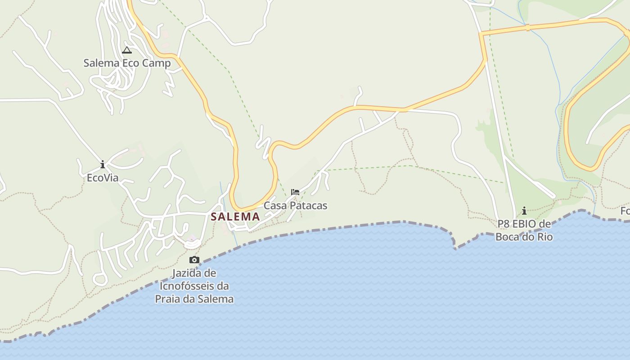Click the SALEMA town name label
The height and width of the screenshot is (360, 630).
235,216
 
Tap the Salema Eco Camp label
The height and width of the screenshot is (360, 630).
127,63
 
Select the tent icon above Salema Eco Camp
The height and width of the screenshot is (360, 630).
127,50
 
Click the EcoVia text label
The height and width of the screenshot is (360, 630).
103,178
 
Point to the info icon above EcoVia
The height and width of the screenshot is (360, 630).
103,164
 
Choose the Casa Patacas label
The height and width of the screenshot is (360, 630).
295,206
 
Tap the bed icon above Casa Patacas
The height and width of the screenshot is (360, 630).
295,192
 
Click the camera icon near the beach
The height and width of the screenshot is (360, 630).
194,260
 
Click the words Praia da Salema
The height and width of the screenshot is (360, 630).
194,299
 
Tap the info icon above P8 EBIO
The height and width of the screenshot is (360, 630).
524,211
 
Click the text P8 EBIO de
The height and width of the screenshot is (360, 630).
524,224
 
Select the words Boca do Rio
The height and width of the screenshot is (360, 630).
524,237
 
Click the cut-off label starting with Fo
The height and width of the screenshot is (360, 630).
625,211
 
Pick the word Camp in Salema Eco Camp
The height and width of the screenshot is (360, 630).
157,63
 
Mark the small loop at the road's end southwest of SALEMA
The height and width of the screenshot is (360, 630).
100,279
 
